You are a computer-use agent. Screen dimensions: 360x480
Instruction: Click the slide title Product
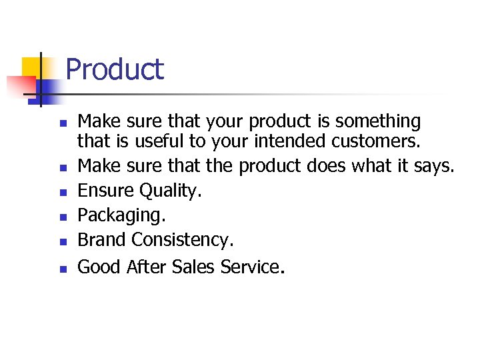(x=115, y=69)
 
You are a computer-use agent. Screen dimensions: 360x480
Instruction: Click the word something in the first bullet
(x=378, y=121)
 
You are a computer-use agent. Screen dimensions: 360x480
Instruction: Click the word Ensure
(x=106, y=191)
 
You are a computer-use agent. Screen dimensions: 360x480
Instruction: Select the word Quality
(x=170, y=191)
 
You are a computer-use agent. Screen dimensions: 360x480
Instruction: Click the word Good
(x=99, y=267)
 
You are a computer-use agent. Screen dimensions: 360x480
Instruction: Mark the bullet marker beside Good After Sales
(x=62, y=269)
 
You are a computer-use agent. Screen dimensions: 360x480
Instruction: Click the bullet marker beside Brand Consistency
(x=62, y=241)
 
